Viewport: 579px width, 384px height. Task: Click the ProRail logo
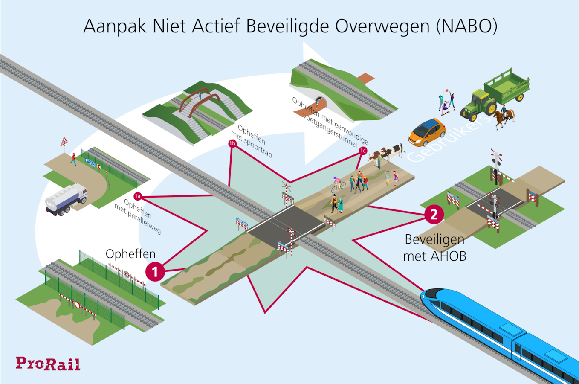click(x=48, y=364)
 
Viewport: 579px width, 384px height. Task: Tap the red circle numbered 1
click(x=155, y=272)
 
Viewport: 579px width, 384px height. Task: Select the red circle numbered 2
click(x=434, y=214)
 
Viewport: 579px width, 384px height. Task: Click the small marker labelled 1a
click(x=137, y=196)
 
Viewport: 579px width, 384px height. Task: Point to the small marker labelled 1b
click(x=232, y=144)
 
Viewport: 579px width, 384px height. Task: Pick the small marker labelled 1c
click(x=363, y=151)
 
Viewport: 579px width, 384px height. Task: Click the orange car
click(x=426, y=131)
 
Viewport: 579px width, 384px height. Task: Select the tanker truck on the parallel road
click(x=66, y=199)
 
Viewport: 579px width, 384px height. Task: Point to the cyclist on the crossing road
click(x=338, y=185)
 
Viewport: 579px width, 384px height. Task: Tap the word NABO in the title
click(x=467, y=26)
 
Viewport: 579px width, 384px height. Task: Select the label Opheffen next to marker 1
click(x=130, y=254)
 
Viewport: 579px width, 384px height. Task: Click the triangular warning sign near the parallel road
click(x=64, y=141)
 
